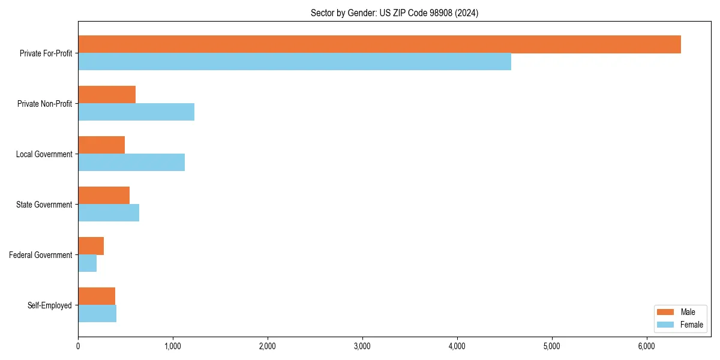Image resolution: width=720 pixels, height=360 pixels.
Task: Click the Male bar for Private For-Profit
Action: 379,44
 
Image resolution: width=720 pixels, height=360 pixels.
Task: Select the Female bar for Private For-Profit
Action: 295,62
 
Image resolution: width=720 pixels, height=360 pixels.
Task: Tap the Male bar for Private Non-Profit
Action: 107,95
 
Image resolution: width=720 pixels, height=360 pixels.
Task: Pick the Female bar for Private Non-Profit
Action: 136,112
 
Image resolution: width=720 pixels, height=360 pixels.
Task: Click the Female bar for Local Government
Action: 131,163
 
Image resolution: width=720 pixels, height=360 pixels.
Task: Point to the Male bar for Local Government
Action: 101,145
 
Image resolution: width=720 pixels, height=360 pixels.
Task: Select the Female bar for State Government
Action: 109,213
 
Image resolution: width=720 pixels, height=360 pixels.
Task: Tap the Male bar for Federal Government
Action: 91,246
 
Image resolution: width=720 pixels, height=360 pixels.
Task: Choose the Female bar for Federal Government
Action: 87,263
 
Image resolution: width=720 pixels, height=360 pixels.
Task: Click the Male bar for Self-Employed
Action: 97,296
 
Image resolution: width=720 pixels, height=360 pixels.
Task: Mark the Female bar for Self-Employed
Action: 97,314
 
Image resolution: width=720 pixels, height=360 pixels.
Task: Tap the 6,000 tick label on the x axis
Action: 646,346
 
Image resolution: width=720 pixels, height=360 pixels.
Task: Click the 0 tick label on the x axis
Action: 78,346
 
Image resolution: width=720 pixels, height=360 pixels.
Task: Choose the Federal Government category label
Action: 41,255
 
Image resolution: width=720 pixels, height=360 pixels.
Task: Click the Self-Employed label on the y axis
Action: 50,305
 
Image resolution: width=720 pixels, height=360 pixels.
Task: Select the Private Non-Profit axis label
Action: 44,104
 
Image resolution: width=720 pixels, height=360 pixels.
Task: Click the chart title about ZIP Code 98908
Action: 394,13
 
